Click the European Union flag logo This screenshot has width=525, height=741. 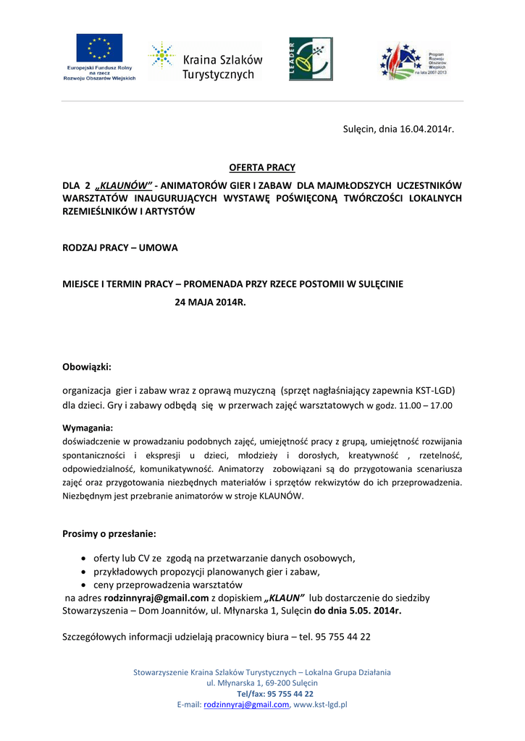coord(100,48)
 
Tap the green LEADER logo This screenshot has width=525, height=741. coord(311,59)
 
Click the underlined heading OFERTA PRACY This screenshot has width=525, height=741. coord(262,168)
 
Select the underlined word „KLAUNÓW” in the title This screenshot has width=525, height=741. coord(123,185)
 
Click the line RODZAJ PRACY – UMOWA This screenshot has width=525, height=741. coord(120,247)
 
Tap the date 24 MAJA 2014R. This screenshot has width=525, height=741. coord(211,300)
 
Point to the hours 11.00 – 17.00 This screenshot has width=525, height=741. coord(426,406)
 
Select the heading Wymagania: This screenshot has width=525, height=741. coord(88,428)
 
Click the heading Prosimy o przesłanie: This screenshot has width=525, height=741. coord(109,534)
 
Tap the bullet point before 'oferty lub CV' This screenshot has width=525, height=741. coord(85,559)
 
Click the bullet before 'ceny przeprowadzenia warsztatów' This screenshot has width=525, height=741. coord(85,585)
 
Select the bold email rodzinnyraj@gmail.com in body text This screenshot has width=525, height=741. coord(156,598)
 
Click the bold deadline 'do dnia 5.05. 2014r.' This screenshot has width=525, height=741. coord(358,611)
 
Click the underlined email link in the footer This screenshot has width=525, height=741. coord(247,704)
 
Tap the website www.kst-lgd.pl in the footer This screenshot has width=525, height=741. coord(321,704)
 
